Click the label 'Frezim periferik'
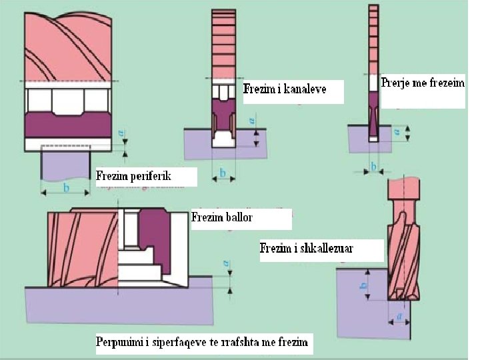(134, 177)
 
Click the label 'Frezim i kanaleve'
(285, 89)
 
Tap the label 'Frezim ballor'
(223, 217)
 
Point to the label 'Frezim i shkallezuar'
(307, 249)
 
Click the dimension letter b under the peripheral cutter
(65, 188)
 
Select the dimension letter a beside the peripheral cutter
(121, 133)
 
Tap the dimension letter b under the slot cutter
(223, 174)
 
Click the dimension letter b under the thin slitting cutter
(373, 165)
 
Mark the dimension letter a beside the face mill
(228, 265)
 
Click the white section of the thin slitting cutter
(373, 81)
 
